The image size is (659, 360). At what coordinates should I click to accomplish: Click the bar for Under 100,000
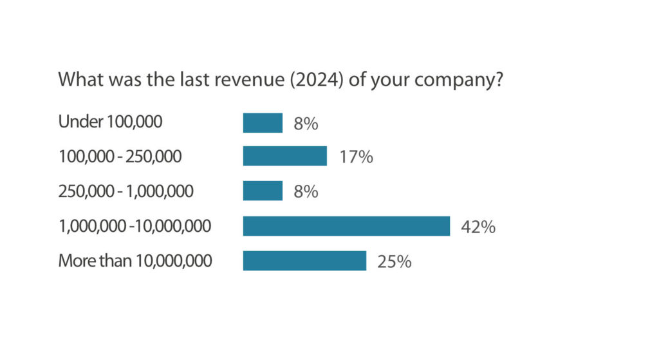point(263,123)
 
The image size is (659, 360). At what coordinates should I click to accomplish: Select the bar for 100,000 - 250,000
point(284,156)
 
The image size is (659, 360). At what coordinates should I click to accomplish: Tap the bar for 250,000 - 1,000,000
point(263,191)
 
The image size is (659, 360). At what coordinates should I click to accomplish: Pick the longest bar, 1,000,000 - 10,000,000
point(346,226)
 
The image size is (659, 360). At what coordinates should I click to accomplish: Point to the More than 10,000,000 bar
point(304,261)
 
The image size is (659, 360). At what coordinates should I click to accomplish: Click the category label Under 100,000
point(110,122)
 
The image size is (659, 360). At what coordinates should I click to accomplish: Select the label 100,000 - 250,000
point(120,156)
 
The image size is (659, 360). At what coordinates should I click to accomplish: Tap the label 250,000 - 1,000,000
point(125,191)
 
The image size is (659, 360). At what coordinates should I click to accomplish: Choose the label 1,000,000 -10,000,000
point(135,226)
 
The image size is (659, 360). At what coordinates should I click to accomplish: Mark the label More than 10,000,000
point(135,261)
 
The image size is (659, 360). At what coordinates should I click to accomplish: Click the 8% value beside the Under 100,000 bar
point(306,124)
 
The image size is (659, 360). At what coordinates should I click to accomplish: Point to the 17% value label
point(356,157)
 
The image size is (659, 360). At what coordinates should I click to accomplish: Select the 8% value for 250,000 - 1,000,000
point(306,192)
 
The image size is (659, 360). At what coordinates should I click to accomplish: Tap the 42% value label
point(478,227)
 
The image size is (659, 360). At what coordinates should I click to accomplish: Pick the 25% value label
point(394,261)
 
